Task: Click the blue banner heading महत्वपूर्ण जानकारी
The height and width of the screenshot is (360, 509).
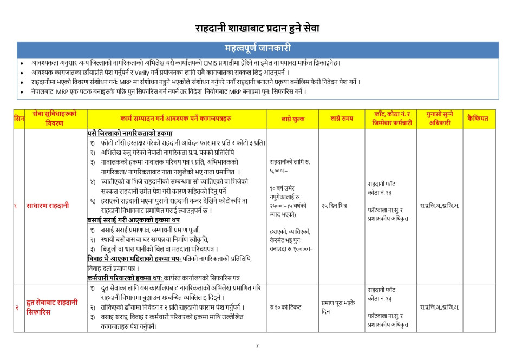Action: click(258, 49)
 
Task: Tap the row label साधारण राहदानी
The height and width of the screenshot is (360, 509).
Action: click(48, 206)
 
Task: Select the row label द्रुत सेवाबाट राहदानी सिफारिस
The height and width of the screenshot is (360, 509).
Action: click(51, 307)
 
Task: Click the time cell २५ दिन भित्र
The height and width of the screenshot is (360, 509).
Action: click(334, 206)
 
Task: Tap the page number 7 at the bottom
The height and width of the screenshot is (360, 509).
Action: click(257, 345)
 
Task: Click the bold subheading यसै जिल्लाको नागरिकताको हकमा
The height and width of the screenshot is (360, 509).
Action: click(130, 133)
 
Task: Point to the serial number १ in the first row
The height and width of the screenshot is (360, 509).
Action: click(16, 206)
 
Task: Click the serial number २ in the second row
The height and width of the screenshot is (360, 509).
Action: click(16, 307)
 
